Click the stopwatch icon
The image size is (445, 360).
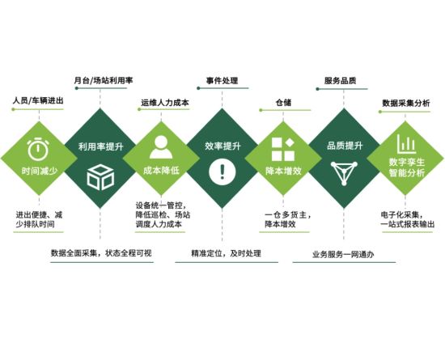pyautogui.click(x=38, y=149)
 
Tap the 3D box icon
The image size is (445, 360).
pyautogui.click(x=100, y=178)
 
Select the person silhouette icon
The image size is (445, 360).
pyautogui.click(x=161, y=147)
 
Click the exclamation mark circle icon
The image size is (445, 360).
pyautogui.click(x=222, y=172)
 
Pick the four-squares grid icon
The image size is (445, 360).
pyautogui.click(x=283, y=149)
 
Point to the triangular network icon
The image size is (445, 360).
pyautogui.click(x=344, y=173)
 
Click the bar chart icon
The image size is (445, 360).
pyautogui.click(x=406, y=144)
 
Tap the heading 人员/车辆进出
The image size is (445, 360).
pyautogui.click(x=38, y=100)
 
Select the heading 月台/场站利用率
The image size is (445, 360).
pyautogui.click(x=104, y=81)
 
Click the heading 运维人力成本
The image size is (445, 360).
pyautogui.click(x=165, y=103)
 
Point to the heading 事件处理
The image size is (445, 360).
pyautogui.click(x=222, y=81)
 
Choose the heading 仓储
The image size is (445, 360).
pyautogui.click(x=283, y=103)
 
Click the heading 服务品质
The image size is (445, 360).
pyautogui.click(x=340, y=81)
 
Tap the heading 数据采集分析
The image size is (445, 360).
pyautogui.click(x=406, y=104)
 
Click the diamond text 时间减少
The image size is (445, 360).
pyautogui.click(x=40, y=171)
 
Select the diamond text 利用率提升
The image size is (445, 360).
pyautogui.click(x=101, y=146)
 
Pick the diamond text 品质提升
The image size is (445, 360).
pyautogui.click(x=345, y=146)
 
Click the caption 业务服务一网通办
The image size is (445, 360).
pyautogui.click(x=343, y=255)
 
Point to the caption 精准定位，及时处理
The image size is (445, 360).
pyautogui.click(x=226, y=253)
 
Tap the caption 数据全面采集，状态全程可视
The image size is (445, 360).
pyautogui.click(x=101, y=253)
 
